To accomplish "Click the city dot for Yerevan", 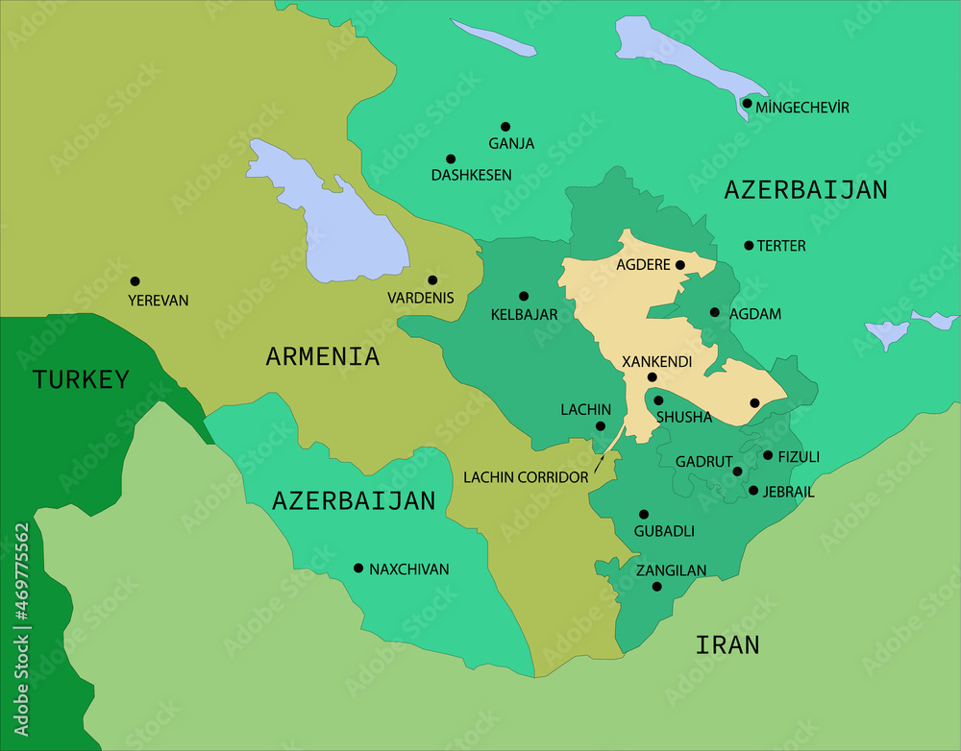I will tap(135, 281).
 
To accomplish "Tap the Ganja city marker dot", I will tap(505, 127).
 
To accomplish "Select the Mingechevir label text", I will tap(802, 108).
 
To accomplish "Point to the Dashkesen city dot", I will tap(451, 159).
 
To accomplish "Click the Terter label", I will tap(781, 246).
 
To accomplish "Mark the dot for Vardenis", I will tap(432, 280).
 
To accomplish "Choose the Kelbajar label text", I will tap(524, 314).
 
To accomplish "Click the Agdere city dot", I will tap(679, 265).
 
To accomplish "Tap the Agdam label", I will tap(755, 314).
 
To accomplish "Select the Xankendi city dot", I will tap(652, 377).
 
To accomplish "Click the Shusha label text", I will tap(683, 417).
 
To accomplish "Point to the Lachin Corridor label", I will tap(525, 476).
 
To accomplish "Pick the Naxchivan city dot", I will tap(358, 568).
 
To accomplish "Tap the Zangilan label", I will tap(671, 570).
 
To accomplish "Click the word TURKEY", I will tap(81, 379).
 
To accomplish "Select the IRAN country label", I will tap(727, 644).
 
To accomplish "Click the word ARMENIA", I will tap(322, 357).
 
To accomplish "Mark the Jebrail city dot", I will tap(752, 491).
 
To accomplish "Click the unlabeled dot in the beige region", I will tap(754, 402).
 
